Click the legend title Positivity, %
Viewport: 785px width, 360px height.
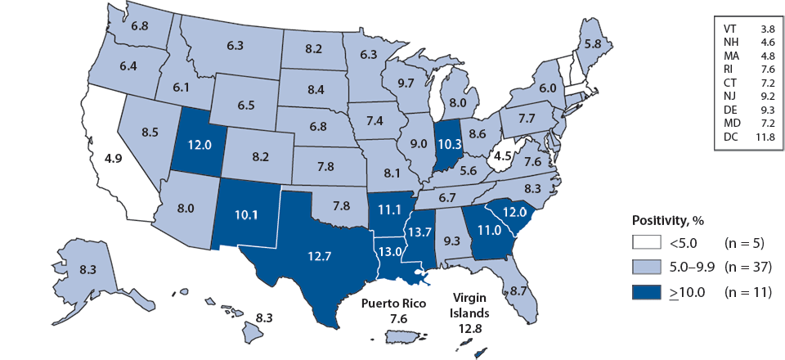[x=669, y=221]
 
